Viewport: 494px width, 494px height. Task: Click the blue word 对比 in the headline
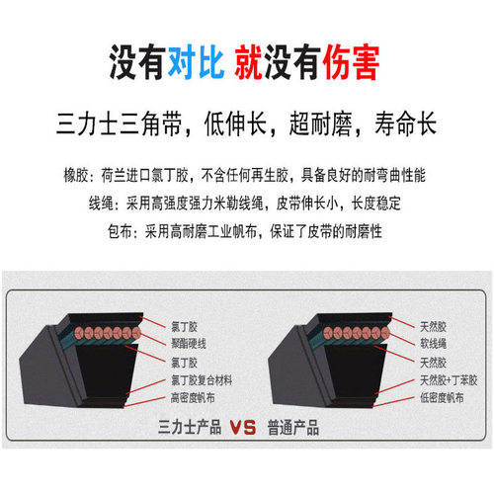[x=197, y=62]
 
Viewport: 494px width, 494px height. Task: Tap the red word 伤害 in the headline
[x=351, y=62]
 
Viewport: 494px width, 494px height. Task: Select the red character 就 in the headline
[x=249, y=62]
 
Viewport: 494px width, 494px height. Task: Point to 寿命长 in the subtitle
[x=406, y=123]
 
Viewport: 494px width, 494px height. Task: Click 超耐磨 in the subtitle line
[x=320, y=123]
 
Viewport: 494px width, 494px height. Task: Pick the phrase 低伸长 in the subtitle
[x=235, y=123]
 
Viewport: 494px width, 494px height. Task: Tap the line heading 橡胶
[x=76, y=175]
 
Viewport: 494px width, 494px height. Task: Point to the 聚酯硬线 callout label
[x=189, y=344]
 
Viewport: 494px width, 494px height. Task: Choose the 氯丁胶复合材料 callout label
[x=202, y=380]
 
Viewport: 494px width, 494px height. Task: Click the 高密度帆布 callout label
[x=193, y=398]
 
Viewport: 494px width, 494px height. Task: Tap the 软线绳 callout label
[x=434, y=344]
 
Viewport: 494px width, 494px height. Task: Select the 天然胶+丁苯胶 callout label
[x=449, y=380]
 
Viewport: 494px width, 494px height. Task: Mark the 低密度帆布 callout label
[x=442, y=398]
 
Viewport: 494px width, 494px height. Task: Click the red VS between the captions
[x=243, y=428]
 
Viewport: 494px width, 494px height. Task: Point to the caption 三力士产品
[x=190, y=427]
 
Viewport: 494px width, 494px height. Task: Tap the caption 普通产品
[x=293, y=428]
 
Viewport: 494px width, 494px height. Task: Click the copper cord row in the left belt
[x=108, y=333]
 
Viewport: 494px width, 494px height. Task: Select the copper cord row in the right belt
[x=357, y=333]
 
